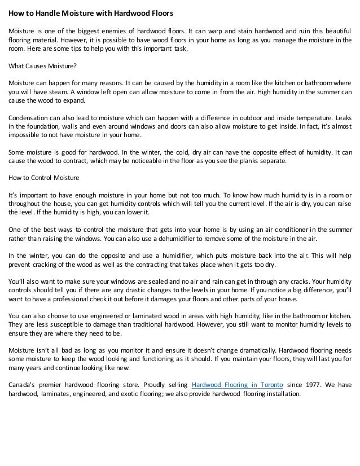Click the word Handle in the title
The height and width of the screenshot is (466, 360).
(x=46, y=12)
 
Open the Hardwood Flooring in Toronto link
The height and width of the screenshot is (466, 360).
(x=238, y=385)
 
